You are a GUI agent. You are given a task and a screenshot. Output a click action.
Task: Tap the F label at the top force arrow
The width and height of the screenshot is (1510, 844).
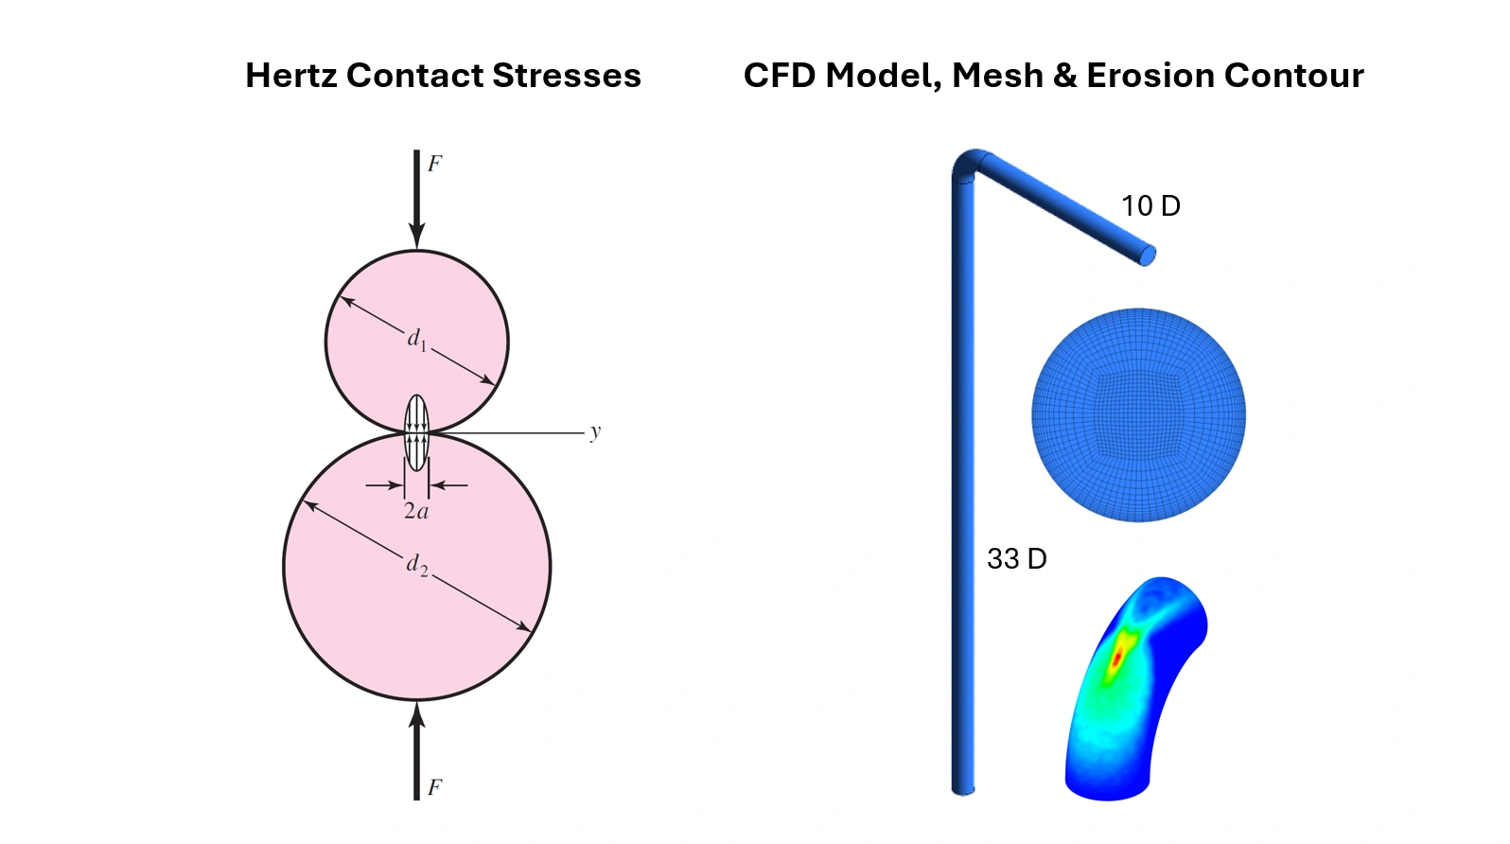[434, 164]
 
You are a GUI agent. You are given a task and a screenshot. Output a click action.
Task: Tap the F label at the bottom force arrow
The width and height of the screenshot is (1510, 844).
[434, 787]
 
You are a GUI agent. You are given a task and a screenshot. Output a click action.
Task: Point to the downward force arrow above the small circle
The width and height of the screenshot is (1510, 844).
[416, 199]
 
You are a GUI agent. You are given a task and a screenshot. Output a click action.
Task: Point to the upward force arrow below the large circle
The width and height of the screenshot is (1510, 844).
[416, 752]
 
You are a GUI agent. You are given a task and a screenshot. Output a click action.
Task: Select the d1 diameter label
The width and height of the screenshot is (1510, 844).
[417, 340]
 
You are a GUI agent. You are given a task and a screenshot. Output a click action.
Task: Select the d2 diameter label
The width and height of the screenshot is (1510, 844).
[417, 565]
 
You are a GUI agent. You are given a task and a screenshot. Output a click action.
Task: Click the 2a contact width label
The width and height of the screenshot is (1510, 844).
[416, 512]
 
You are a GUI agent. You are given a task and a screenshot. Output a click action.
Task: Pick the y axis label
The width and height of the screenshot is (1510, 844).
[595, 432]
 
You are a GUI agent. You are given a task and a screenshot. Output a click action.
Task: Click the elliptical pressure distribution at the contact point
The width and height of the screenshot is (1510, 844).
[416, 432]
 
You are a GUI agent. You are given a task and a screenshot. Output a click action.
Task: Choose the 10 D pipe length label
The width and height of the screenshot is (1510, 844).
[1150, 206]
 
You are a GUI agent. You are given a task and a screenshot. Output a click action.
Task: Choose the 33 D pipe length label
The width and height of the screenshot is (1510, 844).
[1016, 559]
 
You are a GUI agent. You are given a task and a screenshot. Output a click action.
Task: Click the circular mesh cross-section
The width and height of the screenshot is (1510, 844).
[1138, 414]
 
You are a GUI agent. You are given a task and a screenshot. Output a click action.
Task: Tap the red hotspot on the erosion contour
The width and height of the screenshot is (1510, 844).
[1118, 654]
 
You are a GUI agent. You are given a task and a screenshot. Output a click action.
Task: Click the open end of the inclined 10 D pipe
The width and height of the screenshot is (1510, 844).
[1147, 255]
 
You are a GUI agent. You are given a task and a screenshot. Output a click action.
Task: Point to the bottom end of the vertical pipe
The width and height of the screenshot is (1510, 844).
[963, 787]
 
